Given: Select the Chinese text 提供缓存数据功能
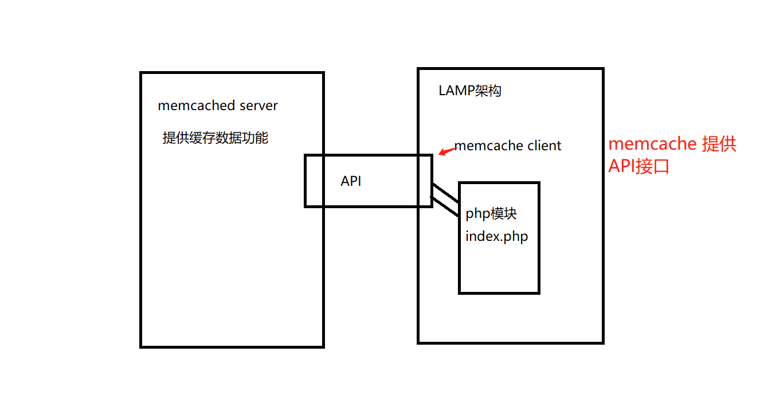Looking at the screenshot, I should tap(215, 138).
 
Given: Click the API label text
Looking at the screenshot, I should tap(351, 181).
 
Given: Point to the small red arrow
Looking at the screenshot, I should tap(446, 150).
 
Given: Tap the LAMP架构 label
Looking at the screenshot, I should tap(470, 91).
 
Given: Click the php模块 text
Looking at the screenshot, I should tap(491, 214).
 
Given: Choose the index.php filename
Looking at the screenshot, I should tap(496, 236).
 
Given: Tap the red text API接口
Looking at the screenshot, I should tap(638, 166).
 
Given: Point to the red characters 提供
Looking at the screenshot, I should tap(719, 144).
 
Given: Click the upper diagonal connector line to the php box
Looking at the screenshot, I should tap(445, 193).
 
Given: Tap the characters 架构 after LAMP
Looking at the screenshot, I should tap(488, 91).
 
